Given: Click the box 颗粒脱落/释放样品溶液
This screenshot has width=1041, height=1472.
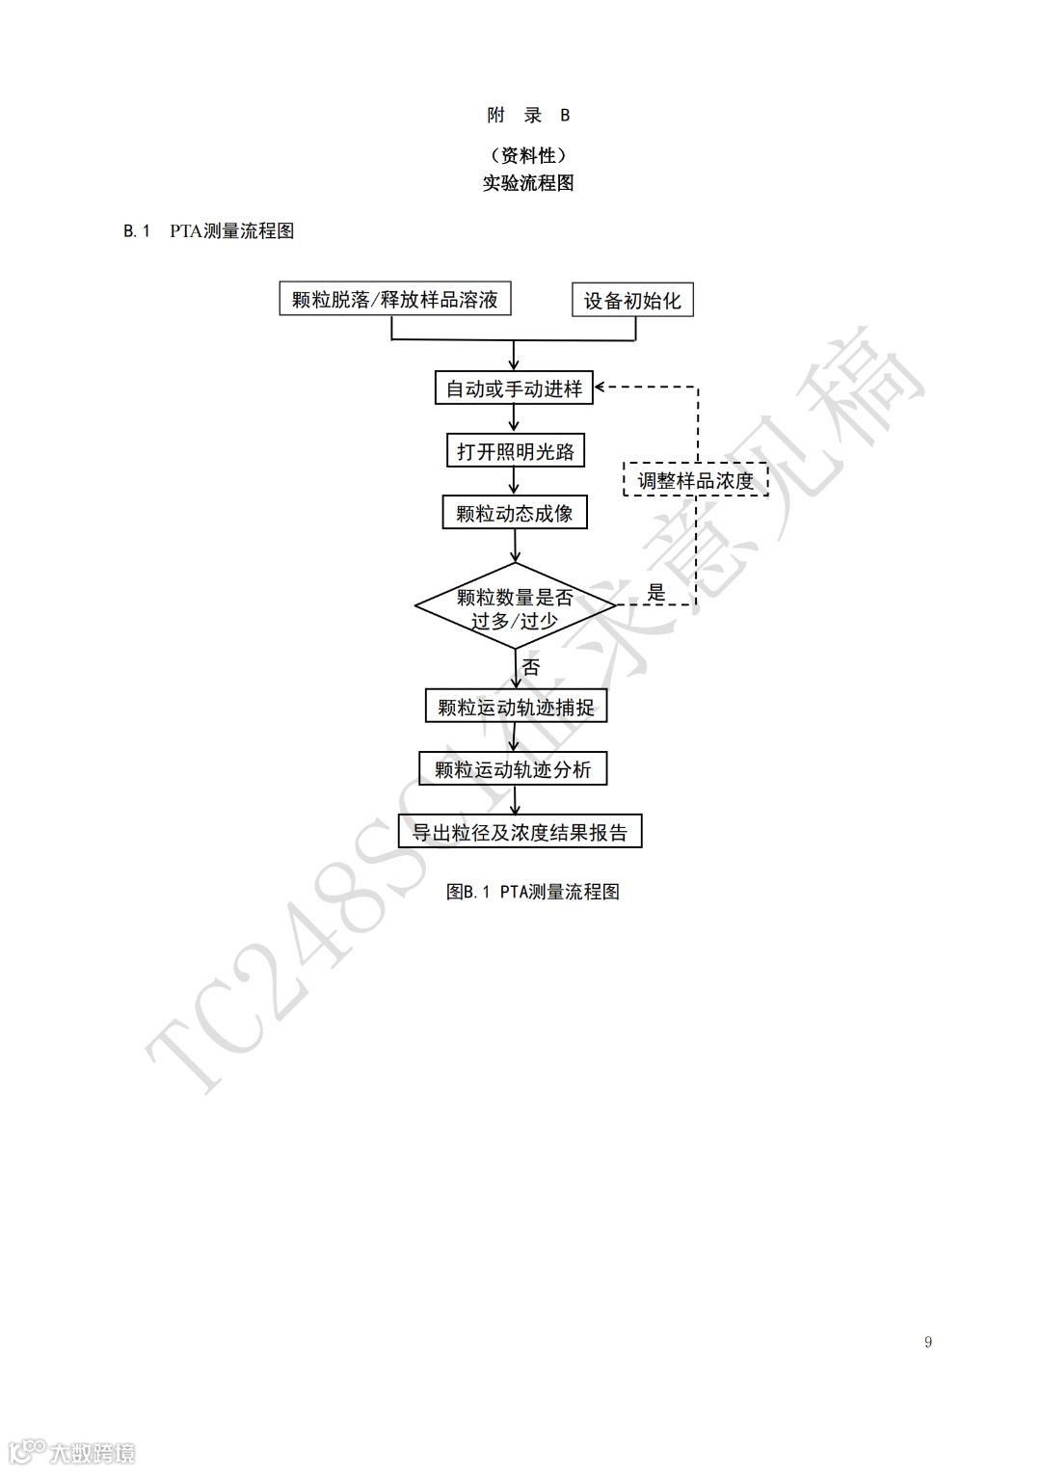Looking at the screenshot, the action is [x=394, y=299].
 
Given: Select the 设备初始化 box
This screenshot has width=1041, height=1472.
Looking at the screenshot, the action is [x=632, y=300].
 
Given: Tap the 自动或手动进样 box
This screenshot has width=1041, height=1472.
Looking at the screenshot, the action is [x=514, y=388].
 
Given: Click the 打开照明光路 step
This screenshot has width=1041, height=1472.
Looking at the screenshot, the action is [x=515, y=451].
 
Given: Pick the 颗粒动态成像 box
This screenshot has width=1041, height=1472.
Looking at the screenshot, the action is [x=515, y=513].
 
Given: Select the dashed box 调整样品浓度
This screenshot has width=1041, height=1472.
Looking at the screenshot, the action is [x=695, y=480].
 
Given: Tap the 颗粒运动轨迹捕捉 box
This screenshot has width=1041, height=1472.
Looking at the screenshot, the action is [x=516, y=707].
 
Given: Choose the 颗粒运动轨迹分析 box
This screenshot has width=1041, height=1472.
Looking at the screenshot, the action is [x=513, y=769].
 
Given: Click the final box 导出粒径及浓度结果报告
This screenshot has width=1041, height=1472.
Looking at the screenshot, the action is [x=520, y=832].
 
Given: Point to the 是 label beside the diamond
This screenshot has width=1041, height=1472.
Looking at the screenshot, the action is [x=656, y=594].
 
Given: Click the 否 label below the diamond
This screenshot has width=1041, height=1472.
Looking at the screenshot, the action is [x=531, y=666].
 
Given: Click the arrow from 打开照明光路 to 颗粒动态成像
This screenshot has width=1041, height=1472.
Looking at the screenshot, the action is [x=515, y=482].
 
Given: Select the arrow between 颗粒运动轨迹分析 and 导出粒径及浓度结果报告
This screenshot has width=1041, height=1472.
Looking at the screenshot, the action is [x=514, y=800].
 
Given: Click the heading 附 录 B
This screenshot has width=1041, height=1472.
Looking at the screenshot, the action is [x=528, y=116].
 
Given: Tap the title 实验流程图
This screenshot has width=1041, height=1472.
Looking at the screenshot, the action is [x=528, y=183].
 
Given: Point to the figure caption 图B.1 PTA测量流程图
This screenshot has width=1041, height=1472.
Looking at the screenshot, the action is [x=532, y=892].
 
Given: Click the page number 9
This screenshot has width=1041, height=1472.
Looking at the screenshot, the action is [x=927, y=1342].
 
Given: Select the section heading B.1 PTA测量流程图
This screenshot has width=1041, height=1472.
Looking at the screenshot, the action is [x=209, y=231].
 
